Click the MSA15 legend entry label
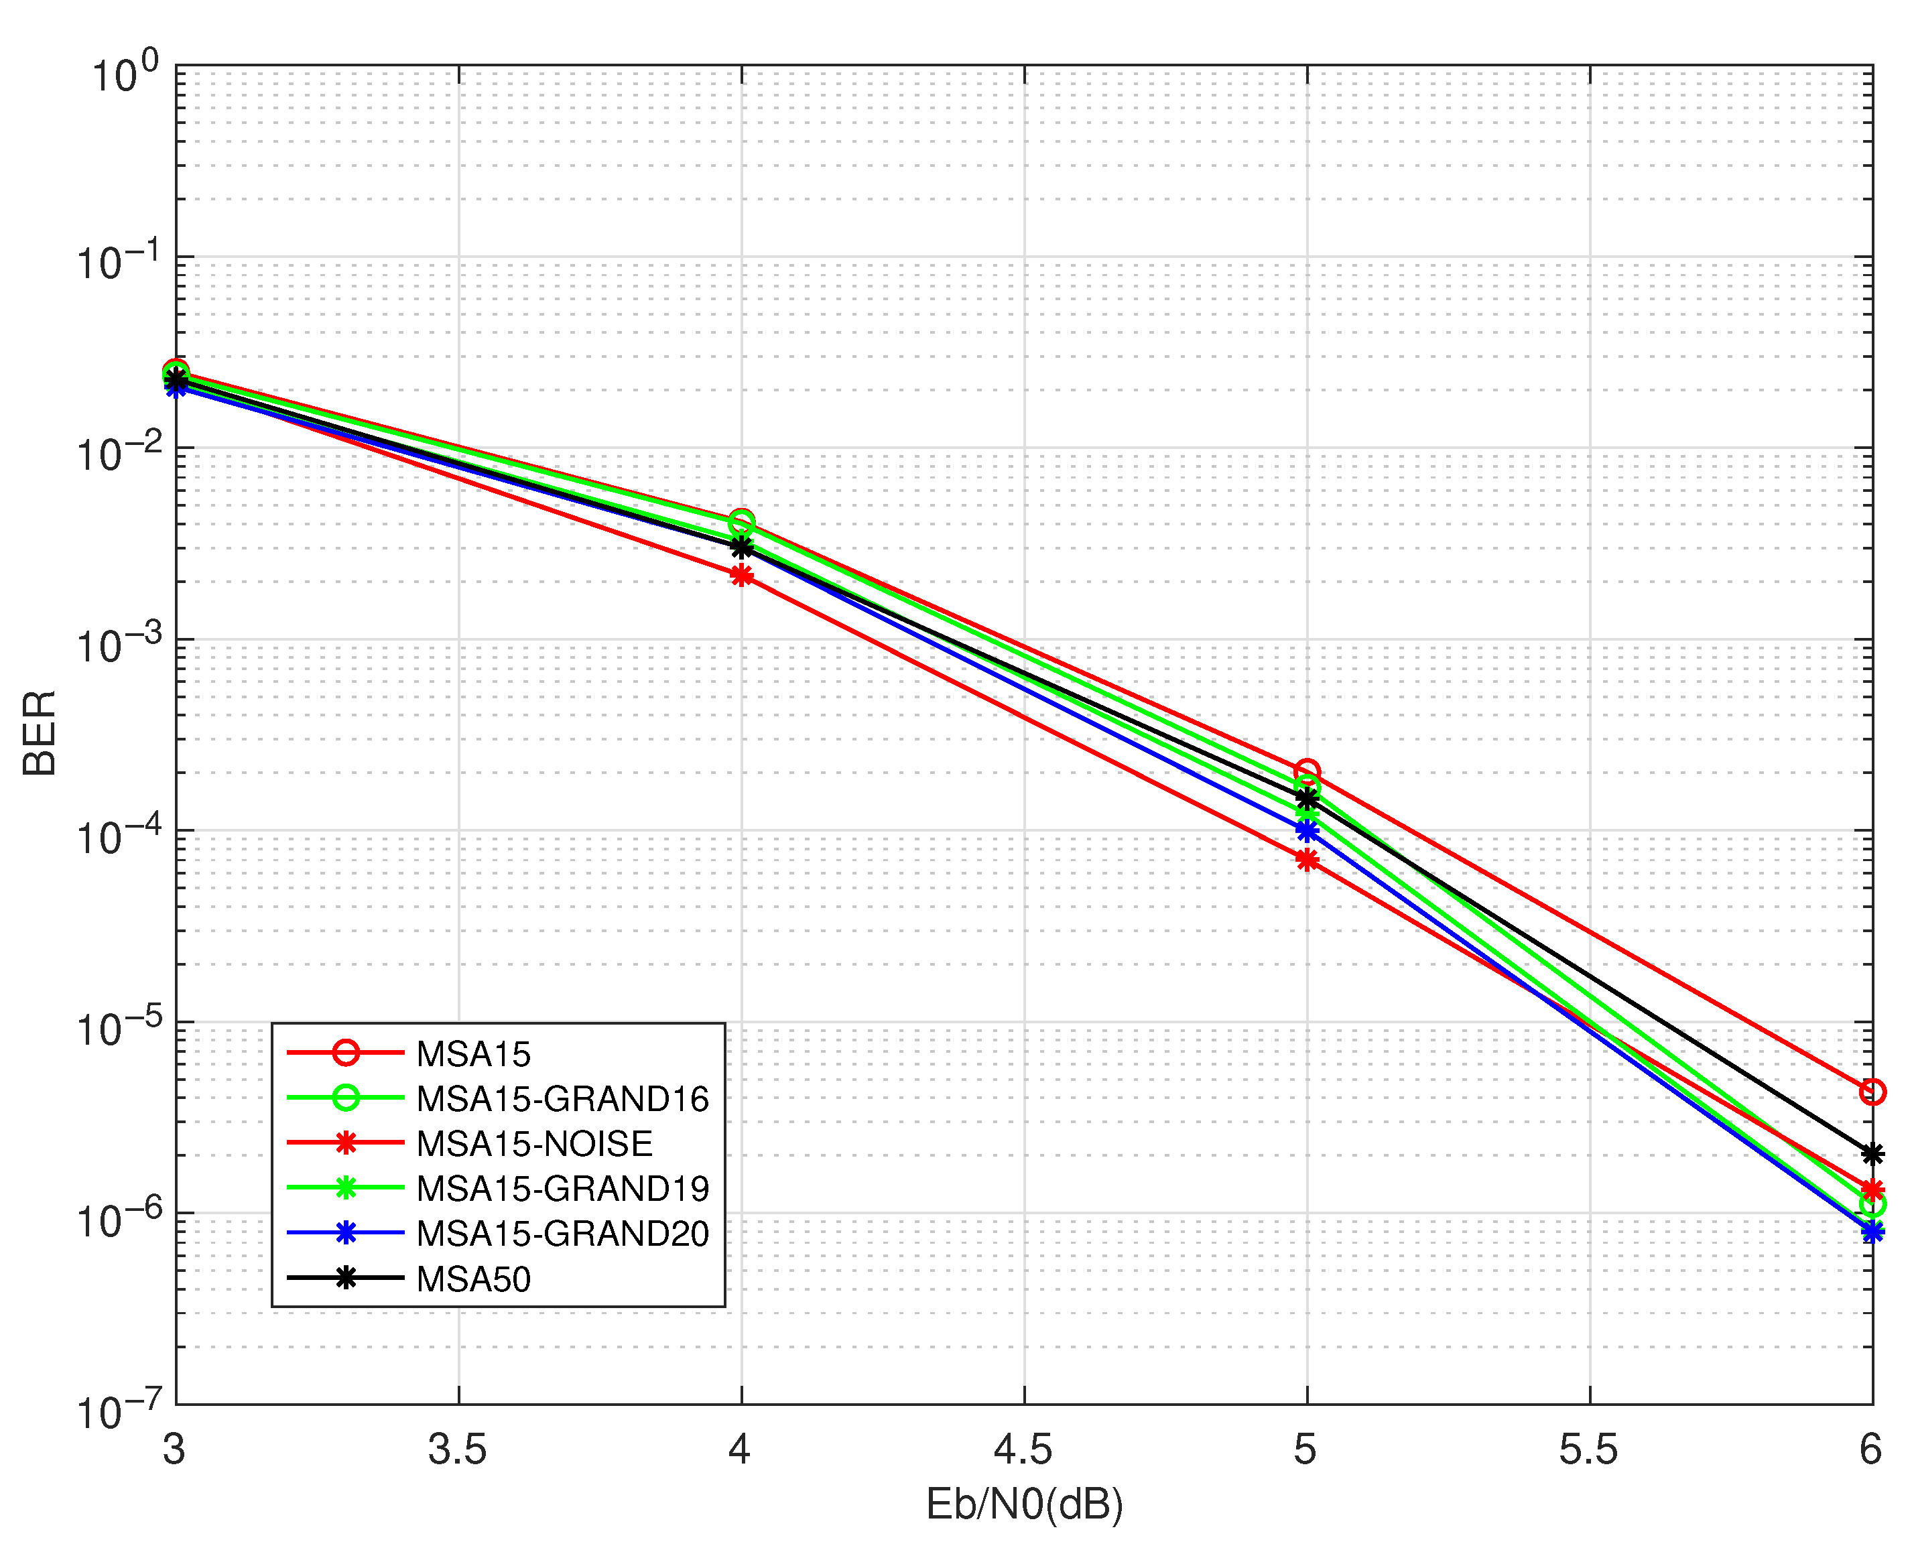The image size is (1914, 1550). tap(473, 1055)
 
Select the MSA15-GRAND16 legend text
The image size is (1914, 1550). tap(562, 1099)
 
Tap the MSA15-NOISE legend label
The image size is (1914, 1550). tap(534, 1144)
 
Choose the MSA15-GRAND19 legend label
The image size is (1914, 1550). tap(562, 1188)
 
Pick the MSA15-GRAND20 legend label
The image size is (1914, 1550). tap(562, 1233)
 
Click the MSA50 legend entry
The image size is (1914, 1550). tap(473, 1279)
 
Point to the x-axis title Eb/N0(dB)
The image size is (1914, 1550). tap(1024, 1504)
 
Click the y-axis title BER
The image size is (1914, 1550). tap(40, 733)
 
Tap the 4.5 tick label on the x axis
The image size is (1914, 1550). tap(1023, 1448)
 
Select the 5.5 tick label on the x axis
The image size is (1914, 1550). tap(1588, 1448)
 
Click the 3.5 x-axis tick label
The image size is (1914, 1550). tap(457, 1448)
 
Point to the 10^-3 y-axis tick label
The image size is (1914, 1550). tap(119, 645)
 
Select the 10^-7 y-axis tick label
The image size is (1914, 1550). tap(119, 1411)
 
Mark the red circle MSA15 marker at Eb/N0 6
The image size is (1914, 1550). tap(1872, 1092)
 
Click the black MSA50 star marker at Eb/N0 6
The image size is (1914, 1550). tap(1872, 1153)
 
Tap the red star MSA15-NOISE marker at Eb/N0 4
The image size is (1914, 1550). tap(741, 576)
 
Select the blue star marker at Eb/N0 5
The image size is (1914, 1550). tap(1307, 830)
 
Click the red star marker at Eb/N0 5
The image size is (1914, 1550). tap(1307, 860)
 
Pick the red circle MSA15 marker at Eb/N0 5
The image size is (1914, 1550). tap(1307, 771)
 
